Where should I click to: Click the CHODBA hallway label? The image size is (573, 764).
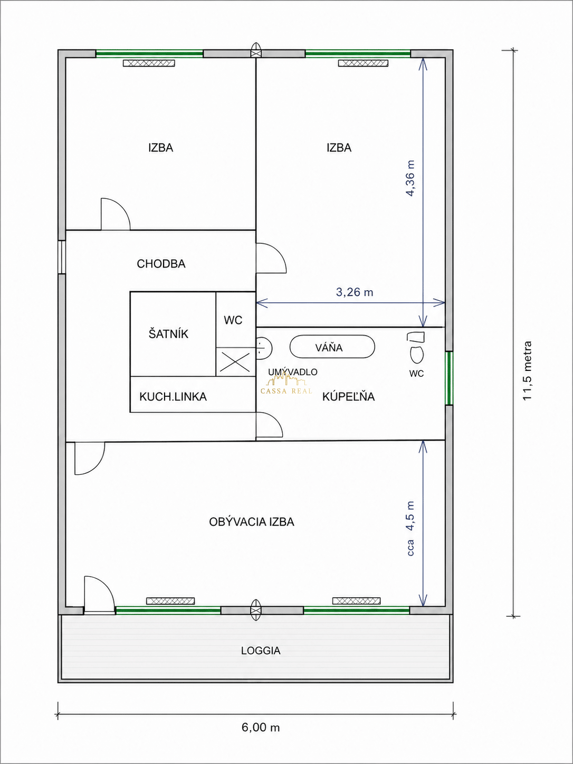pos(161,264)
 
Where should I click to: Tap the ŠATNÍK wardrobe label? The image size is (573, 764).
pos(168,334)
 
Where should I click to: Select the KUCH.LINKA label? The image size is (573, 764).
pos(173,397)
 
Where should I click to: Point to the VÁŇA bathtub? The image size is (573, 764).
pos(332,347)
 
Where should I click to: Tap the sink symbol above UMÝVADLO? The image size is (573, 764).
pos(264,347)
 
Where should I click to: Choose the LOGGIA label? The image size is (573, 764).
pos(261,651)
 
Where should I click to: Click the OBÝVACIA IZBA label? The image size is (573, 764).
pos(252,522)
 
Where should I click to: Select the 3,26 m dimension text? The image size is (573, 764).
pos(355,292)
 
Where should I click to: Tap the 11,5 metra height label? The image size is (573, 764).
pos(527,370)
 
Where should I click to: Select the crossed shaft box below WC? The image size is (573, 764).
pos(235,362)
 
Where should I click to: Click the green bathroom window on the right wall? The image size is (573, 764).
pos(449,378)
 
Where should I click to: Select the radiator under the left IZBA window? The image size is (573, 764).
pos(149,63)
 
